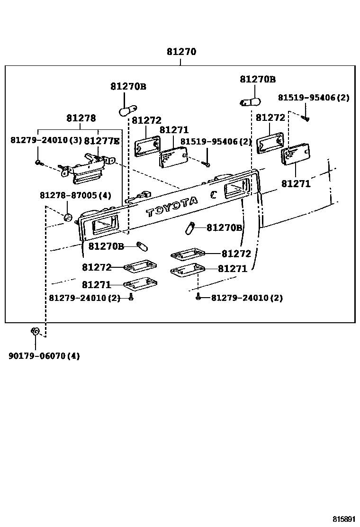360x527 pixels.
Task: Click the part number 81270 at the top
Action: pos(181,52)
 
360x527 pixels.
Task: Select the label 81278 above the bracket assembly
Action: pos(81,118)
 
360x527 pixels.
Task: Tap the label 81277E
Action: pos(102,141)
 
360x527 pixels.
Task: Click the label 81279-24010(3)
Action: pos(45,141)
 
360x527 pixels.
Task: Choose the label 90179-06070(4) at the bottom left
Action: pos(44,356)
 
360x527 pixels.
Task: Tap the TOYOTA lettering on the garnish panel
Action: pos(172,207)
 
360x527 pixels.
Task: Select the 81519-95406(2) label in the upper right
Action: pos(313,98)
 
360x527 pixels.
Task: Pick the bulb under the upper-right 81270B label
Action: pos(250,101)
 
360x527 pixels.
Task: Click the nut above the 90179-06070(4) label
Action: pos(35,331)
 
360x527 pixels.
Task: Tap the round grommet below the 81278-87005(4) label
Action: pos(67,218)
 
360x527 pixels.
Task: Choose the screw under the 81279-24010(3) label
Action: pos(38,163)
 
